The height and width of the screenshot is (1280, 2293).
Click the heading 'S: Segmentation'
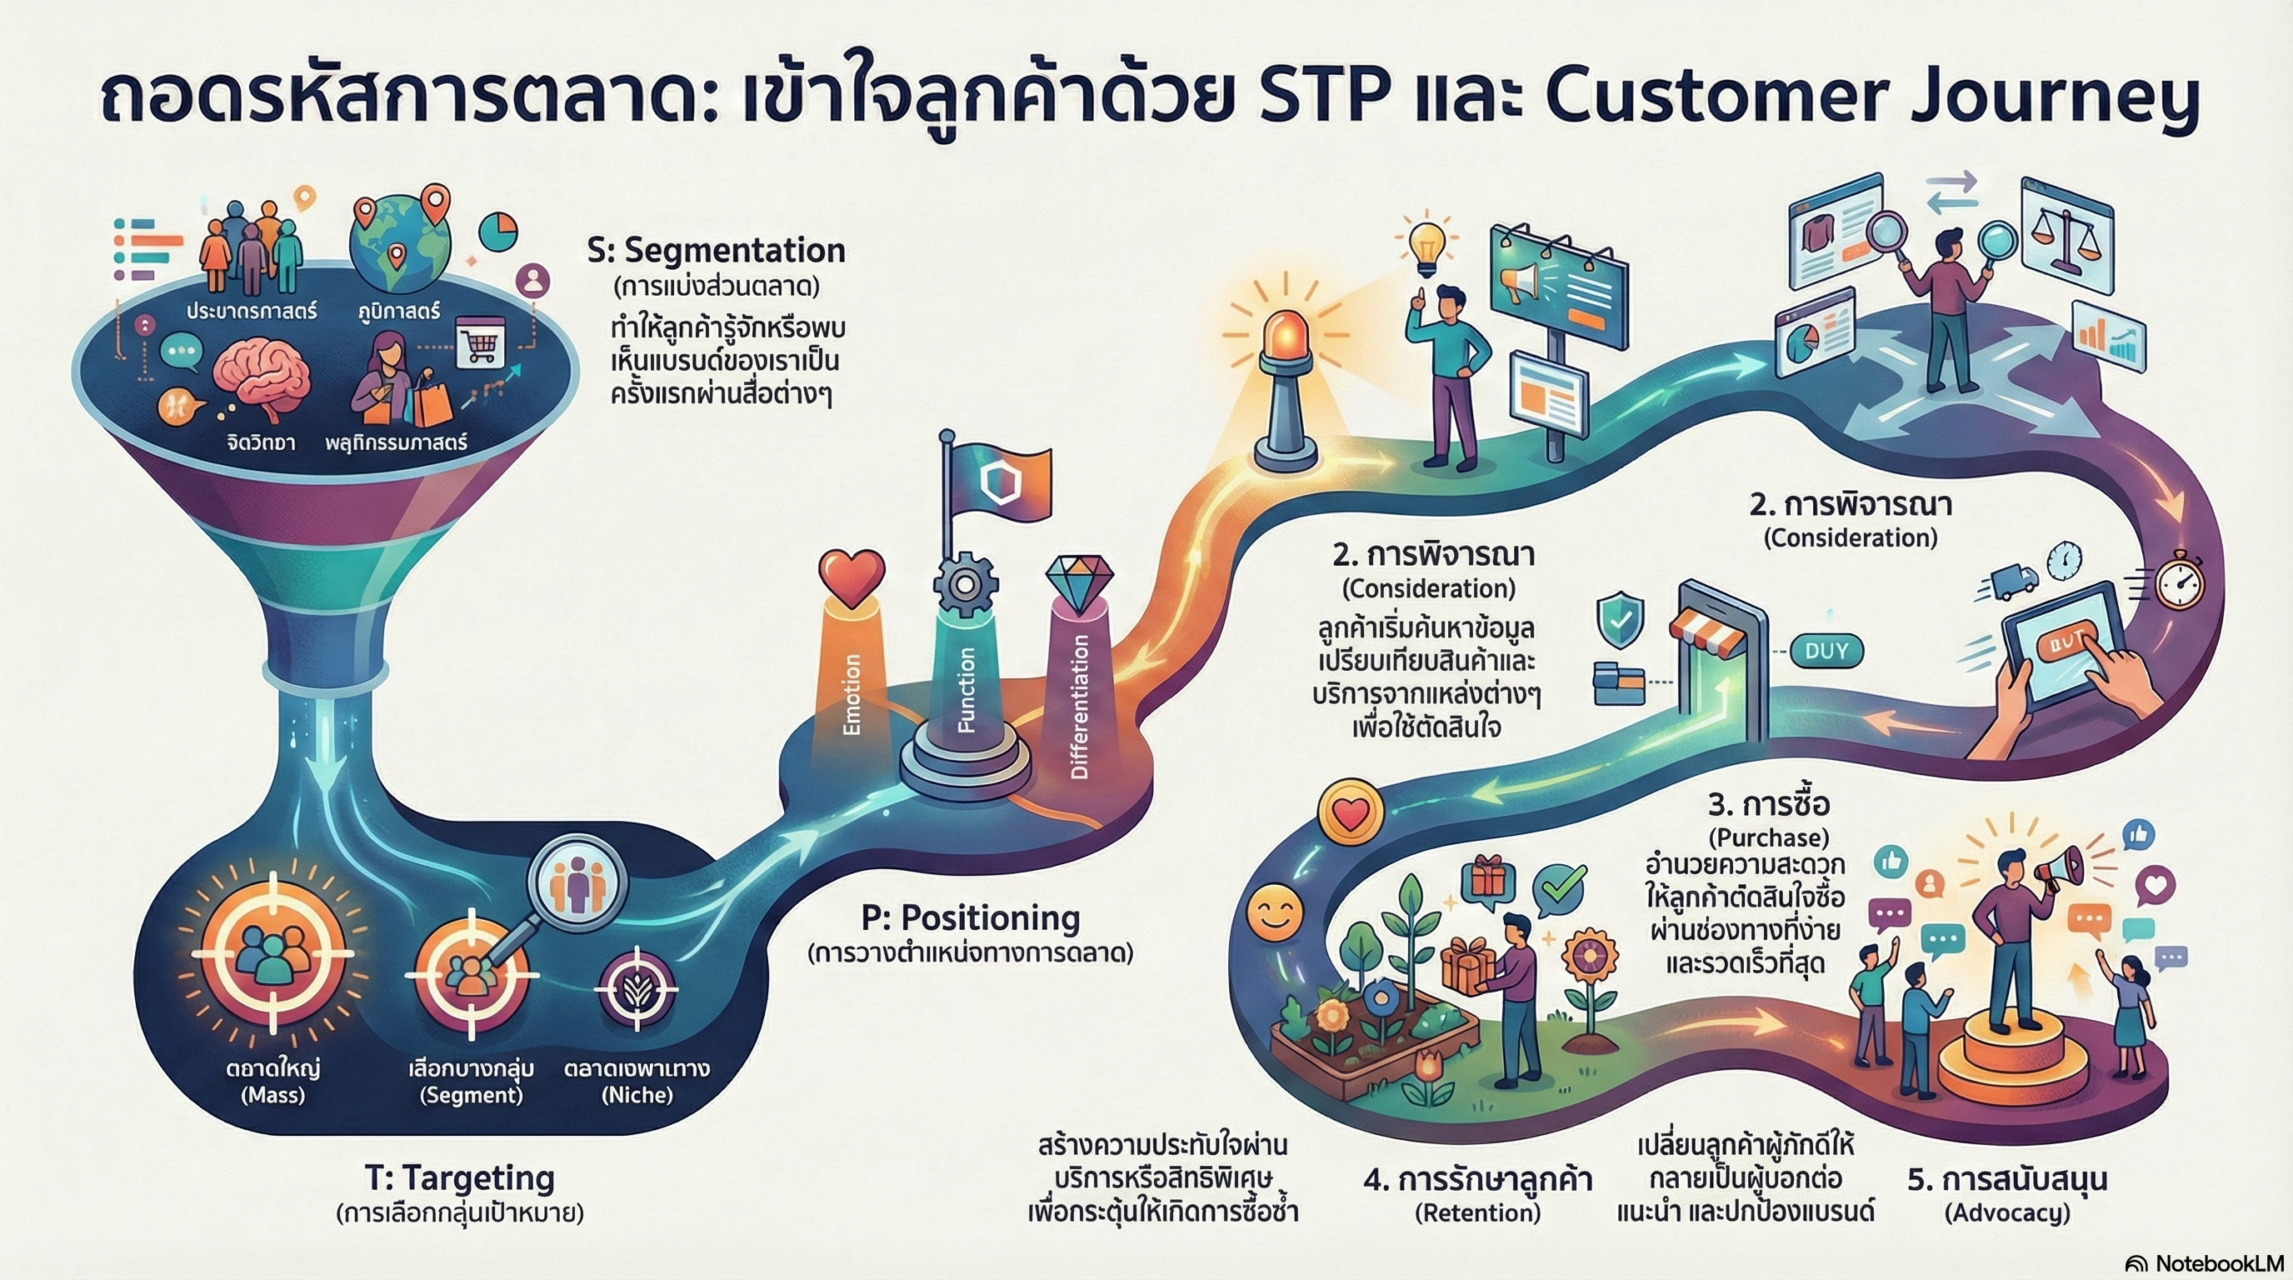[716, 251]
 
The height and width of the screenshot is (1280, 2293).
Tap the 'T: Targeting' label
[459, 1177]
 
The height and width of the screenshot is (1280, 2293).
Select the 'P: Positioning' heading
[970, 917]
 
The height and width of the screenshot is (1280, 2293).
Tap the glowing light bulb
[1430, 246]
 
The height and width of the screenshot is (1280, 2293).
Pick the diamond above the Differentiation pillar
[1079, 584]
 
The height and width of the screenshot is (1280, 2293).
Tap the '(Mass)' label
[273, 1095]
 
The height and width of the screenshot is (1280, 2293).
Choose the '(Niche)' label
[637, 1095]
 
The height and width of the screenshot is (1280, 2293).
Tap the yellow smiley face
[1275, 913]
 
